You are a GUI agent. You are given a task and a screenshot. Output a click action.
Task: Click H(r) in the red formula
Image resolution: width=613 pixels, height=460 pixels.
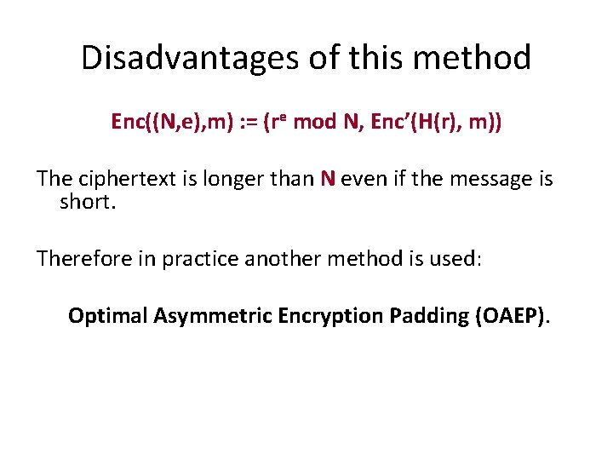423,123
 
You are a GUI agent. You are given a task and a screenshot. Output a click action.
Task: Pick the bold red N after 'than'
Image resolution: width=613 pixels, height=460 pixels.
328,180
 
